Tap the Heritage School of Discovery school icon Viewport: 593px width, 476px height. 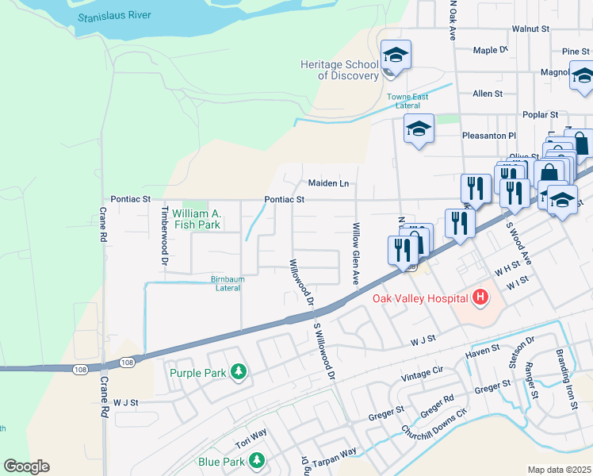point(396,55)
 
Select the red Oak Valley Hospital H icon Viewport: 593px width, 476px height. point(479,298)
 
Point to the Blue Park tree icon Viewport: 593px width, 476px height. point(256,461)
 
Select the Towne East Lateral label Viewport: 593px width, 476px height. point(407,102)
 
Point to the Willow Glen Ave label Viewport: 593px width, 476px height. point(355,254)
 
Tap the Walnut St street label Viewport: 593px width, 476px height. point(530,28)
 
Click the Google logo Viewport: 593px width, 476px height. point(26,466)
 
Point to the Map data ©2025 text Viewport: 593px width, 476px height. point(558,470)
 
